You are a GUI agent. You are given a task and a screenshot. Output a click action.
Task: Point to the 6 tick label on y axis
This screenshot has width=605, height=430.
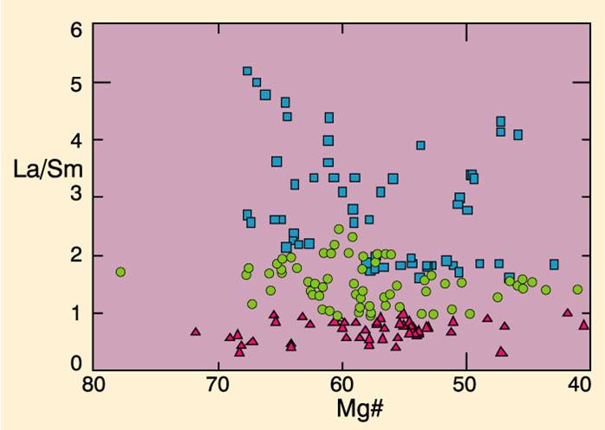pyautogui.click(x=75, y=27)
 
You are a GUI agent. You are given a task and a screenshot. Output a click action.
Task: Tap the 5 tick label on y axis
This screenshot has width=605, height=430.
pyautogui.click(x=75, y=84)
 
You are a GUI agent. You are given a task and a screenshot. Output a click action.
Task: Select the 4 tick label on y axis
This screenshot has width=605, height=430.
pyautogui.click(x=75, y=140)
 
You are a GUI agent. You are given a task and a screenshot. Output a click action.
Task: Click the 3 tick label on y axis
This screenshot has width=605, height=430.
pyautogui.click(x=75, y=197)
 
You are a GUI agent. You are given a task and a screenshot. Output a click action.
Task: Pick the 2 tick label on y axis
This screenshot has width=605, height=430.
pyautogui.click(x=75, y=255)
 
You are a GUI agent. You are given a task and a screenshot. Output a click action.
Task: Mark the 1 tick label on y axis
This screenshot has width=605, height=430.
pyautogui.click(x=75, y=312)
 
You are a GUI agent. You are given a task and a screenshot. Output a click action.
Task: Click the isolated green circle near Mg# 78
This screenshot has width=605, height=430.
pyautogui.click(x=120, y=272)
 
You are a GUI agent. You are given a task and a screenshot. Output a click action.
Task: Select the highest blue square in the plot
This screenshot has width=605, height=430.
pyautogui.click(x=247, y=71)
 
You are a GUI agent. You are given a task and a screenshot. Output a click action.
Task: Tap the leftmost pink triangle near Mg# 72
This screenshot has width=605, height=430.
pyautogui.click(x=195, y=331)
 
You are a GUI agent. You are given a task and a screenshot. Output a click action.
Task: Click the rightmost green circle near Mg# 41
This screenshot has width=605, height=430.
pyautogui.click(x=577, y=290)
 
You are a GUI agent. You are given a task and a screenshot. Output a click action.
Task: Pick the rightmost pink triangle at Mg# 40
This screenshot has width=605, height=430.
pyautogui.click(x=583, y=325)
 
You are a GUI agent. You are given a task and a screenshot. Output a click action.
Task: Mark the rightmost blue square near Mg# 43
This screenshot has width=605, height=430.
pyautogui.click(x=554, y=264)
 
